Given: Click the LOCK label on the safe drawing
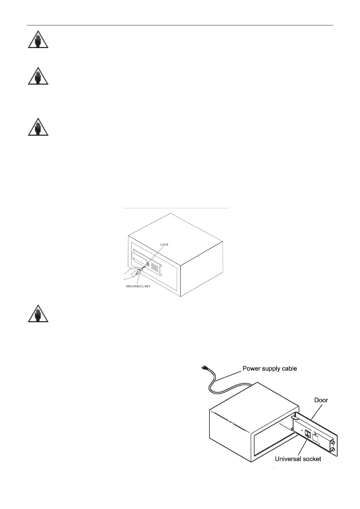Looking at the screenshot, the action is click(164, 245).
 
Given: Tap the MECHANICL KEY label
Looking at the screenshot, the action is click(138, 286).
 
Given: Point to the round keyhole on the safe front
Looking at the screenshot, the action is click(148, 264).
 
